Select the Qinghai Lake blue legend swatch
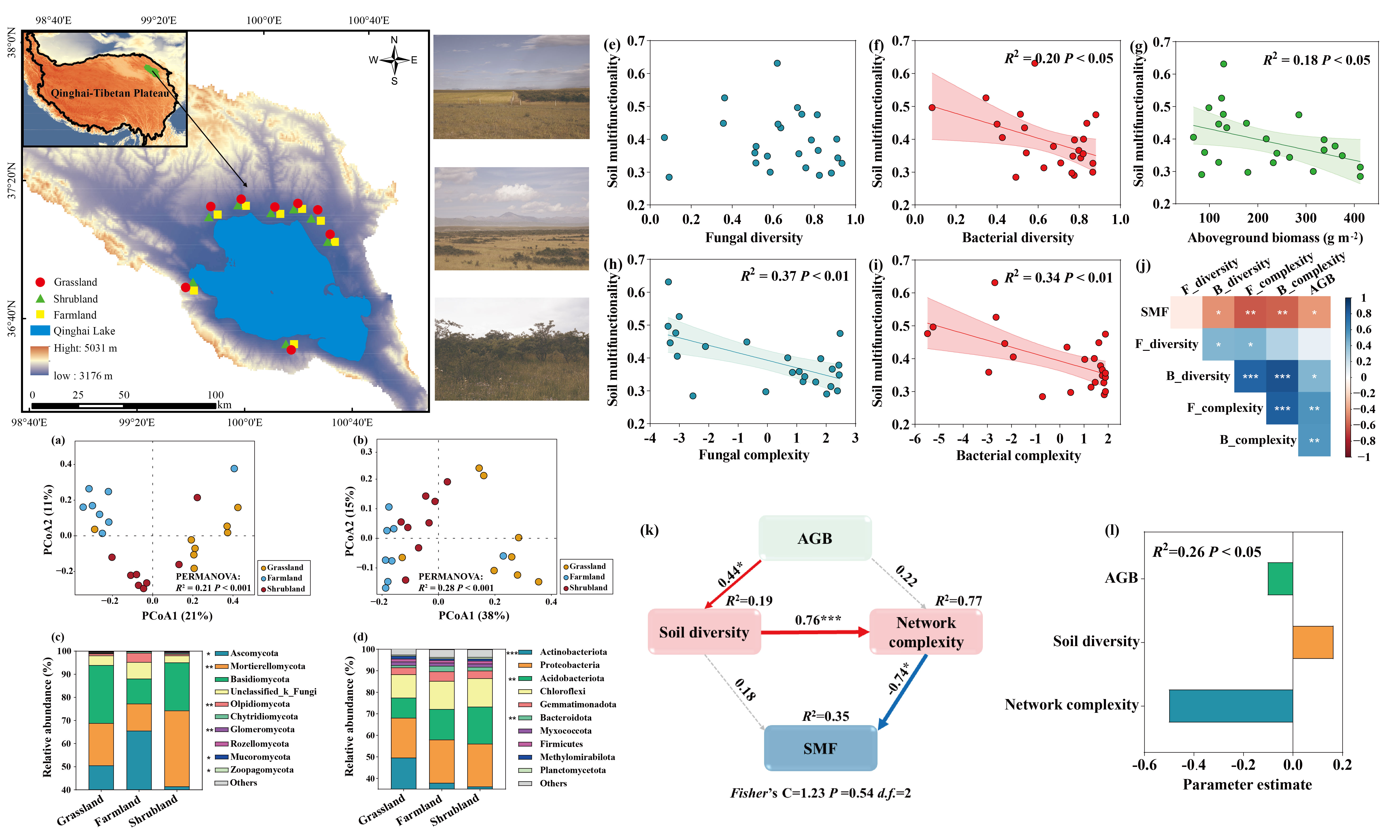click(x=40, y=330)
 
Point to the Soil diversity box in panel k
click(x=704, y=632)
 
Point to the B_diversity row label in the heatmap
click(x=1198, y=376)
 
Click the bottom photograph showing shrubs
click(x=511, y=349)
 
